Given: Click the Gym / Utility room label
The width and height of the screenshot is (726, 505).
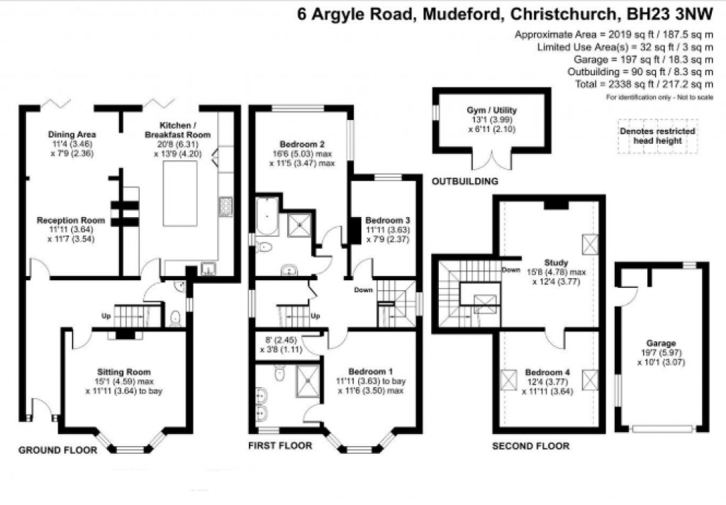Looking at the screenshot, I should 491,111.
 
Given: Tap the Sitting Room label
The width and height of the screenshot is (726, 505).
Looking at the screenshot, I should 123,371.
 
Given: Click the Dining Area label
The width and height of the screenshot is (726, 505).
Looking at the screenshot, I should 72,134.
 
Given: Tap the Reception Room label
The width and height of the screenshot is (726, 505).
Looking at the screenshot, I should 71,220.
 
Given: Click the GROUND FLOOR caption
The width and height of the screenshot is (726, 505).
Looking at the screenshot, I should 55,450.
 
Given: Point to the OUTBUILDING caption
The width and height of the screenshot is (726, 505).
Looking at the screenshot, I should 465,182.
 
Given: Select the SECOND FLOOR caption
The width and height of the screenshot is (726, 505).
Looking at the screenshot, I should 531,446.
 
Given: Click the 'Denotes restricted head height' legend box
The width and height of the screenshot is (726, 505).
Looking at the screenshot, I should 657,136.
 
